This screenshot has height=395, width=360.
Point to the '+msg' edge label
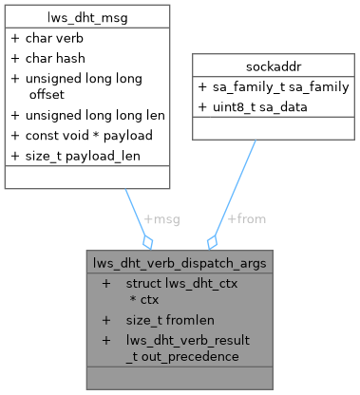[x=161, y=218]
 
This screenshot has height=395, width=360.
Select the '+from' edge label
[x=247, y=218]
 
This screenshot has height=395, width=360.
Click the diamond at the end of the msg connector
[x=147, y=242]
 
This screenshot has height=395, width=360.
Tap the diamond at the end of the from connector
[x=213, y=242]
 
